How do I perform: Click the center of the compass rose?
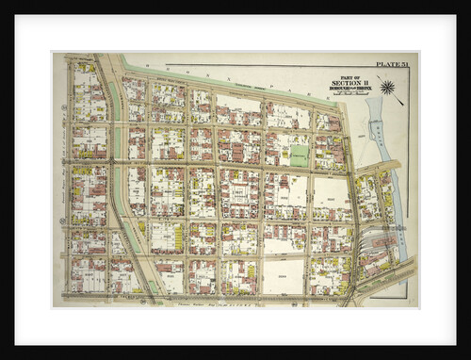coord(387,88)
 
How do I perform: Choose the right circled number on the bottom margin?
coord(296,303)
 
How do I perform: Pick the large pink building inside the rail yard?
coord(382,247)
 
